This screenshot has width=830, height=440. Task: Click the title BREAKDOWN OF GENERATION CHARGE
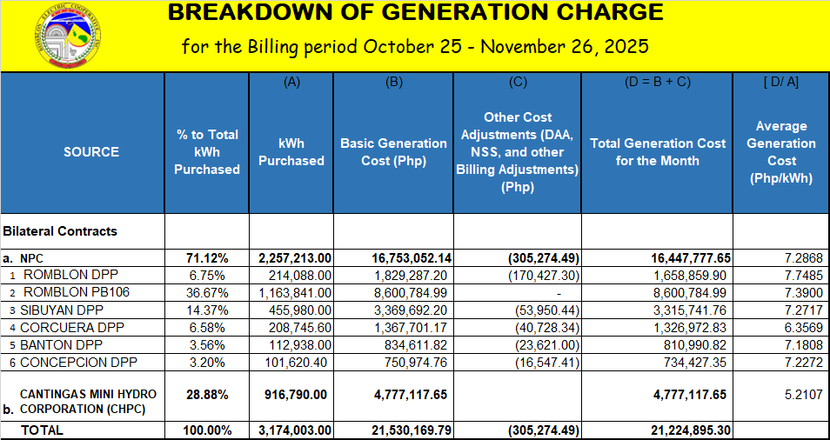point(415,13)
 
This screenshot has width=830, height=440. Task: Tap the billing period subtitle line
point(415,46)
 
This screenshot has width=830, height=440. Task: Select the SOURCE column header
point(91,152)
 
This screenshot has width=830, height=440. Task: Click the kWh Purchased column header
point(290,152)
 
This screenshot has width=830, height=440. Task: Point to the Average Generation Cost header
point(781,152)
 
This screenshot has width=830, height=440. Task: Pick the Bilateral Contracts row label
point(60,232)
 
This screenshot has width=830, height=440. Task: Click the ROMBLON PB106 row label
point(76,292)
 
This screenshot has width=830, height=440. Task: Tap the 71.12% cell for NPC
point(207,258)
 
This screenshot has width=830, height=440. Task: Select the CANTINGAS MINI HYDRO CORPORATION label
point(82,401)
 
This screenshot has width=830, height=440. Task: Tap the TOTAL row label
point(43,430)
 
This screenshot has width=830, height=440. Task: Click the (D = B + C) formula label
point(657,82)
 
